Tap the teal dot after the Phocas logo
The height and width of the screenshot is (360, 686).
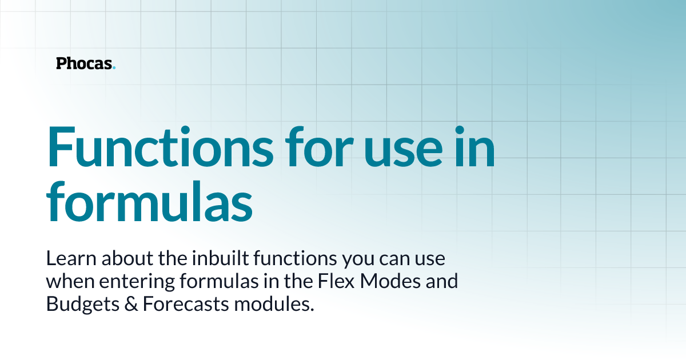click(x=114, y=67)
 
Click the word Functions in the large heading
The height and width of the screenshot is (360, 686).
click(x=161, y=147)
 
